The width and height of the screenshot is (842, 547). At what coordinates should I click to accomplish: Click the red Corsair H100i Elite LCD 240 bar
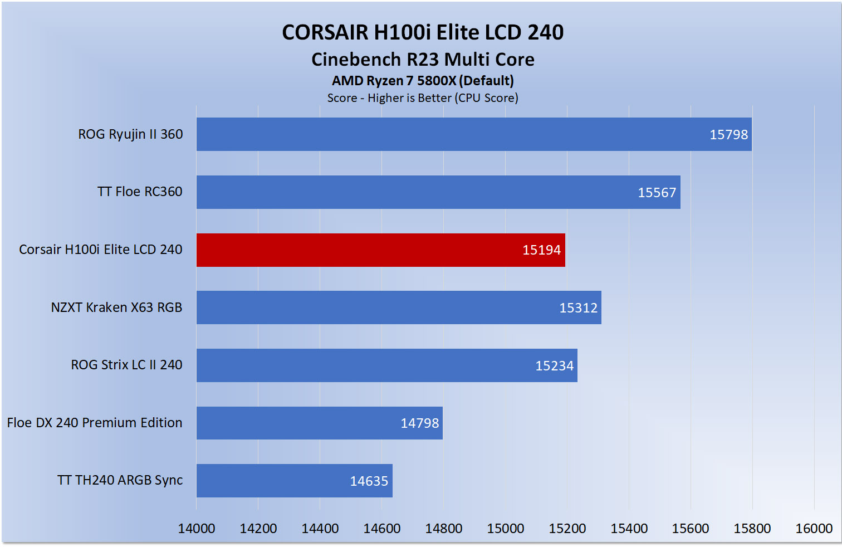380,250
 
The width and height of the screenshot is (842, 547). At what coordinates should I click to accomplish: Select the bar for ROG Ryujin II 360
473,134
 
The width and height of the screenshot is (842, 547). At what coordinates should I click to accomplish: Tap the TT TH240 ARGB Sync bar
294,481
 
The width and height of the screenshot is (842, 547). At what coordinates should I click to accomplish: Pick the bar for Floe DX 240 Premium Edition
319,423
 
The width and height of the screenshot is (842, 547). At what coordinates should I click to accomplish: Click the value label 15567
657,193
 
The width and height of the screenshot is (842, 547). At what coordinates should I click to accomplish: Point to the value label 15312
578,308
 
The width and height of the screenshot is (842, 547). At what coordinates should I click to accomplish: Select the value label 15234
554,366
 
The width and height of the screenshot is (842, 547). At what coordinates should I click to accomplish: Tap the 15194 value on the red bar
541,250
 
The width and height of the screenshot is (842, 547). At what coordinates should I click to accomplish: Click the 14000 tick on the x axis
197,529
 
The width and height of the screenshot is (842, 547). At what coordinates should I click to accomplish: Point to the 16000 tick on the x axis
814,529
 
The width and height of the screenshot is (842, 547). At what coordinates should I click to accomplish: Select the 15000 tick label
505,529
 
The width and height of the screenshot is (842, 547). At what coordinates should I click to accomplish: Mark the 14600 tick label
381,529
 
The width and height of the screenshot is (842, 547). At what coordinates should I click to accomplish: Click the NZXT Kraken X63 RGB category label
116,307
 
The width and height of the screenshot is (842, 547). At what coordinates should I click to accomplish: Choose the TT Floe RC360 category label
140,192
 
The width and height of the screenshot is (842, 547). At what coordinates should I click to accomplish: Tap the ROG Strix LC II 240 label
126,365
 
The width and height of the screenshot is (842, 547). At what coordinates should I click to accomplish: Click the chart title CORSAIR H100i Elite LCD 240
423,32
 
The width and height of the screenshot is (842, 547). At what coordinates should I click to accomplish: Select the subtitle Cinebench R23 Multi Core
423,60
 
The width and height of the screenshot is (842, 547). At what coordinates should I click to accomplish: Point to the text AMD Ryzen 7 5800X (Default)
423,81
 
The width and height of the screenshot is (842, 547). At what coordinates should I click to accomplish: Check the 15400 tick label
629,529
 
